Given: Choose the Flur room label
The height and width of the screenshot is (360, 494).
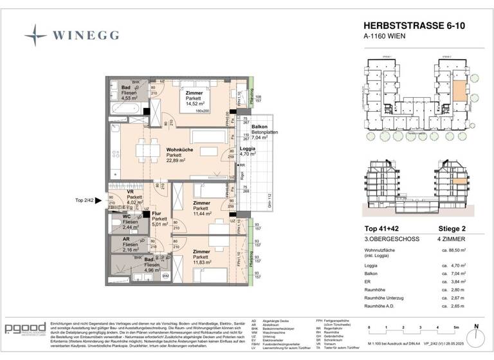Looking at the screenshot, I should [x=156, y=213].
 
